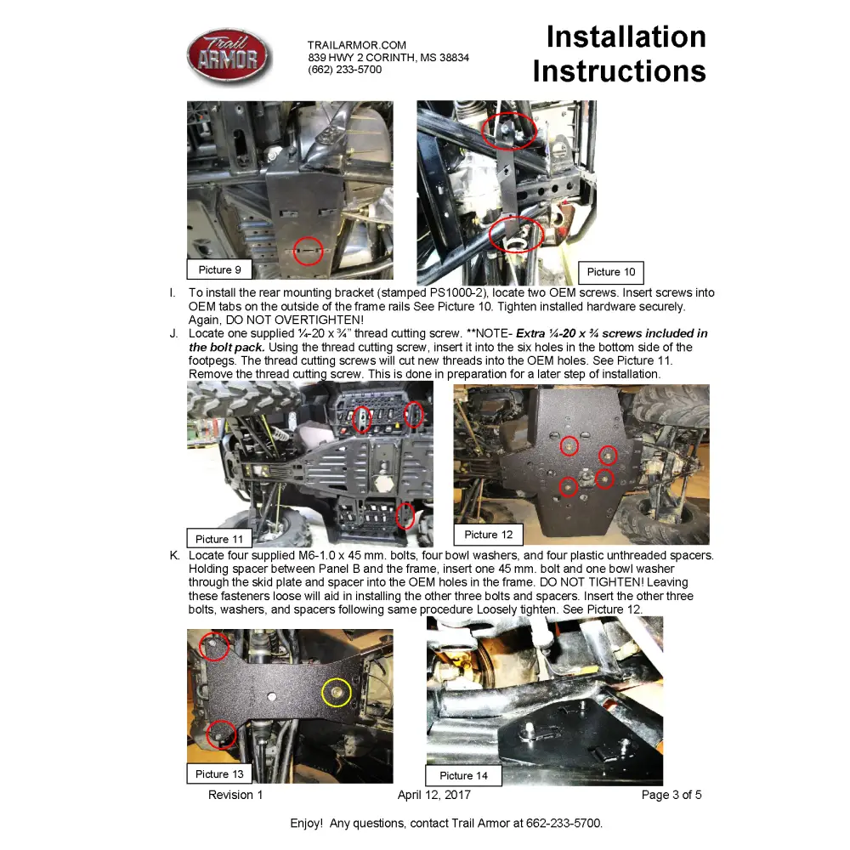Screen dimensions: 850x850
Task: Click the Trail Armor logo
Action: pyautogui.click(x=229, y=57)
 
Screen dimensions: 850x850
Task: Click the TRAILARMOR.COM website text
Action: pyautogui.click(x=357, y=45)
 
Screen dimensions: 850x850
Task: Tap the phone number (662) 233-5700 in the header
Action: pyautogui.click(x=344, y=70)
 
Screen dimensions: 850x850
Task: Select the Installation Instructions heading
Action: pyautogui.click(x=620, y=54)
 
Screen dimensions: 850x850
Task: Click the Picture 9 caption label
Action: pyautogui.click(x=219, y=270)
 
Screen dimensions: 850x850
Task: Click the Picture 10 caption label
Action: pyautogui.click(x=611, y=272)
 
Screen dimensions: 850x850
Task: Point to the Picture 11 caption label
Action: pyautogui.click(x=219, y=539)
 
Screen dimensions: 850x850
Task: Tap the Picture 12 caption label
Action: pyautogui.click(x=489, y=535)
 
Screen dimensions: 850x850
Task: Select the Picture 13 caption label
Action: pyautogui.click(x=219, y=774)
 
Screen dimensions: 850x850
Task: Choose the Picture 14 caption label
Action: pyautogui.click(x=463, y=775)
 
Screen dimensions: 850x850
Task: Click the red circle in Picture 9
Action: pyautogui.click(x=309, y=251)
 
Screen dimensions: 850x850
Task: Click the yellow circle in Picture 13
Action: pyautogui.click(x=337, y=694)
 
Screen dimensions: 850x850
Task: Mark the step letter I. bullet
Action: pyautogui.click(x=173, y=293)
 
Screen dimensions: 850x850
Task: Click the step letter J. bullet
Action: pyautogui.click(x=173, y=334)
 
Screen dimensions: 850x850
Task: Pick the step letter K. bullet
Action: pyautogui.click(x=173, y=556)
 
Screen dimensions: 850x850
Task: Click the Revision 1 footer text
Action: pyautogui.click(x=235, y=796)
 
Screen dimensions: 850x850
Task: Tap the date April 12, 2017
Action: pyautogui.click(x=433, y=796)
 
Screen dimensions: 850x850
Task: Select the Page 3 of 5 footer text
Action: pyautogui.click(x=671, y=796)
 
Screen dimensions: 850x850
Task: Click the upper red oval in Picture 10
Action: pyautogui.click(x=508, y=127)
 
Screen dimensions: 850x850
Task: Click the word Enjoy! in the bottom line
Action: pyautogui.click(x=305, y=824)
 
